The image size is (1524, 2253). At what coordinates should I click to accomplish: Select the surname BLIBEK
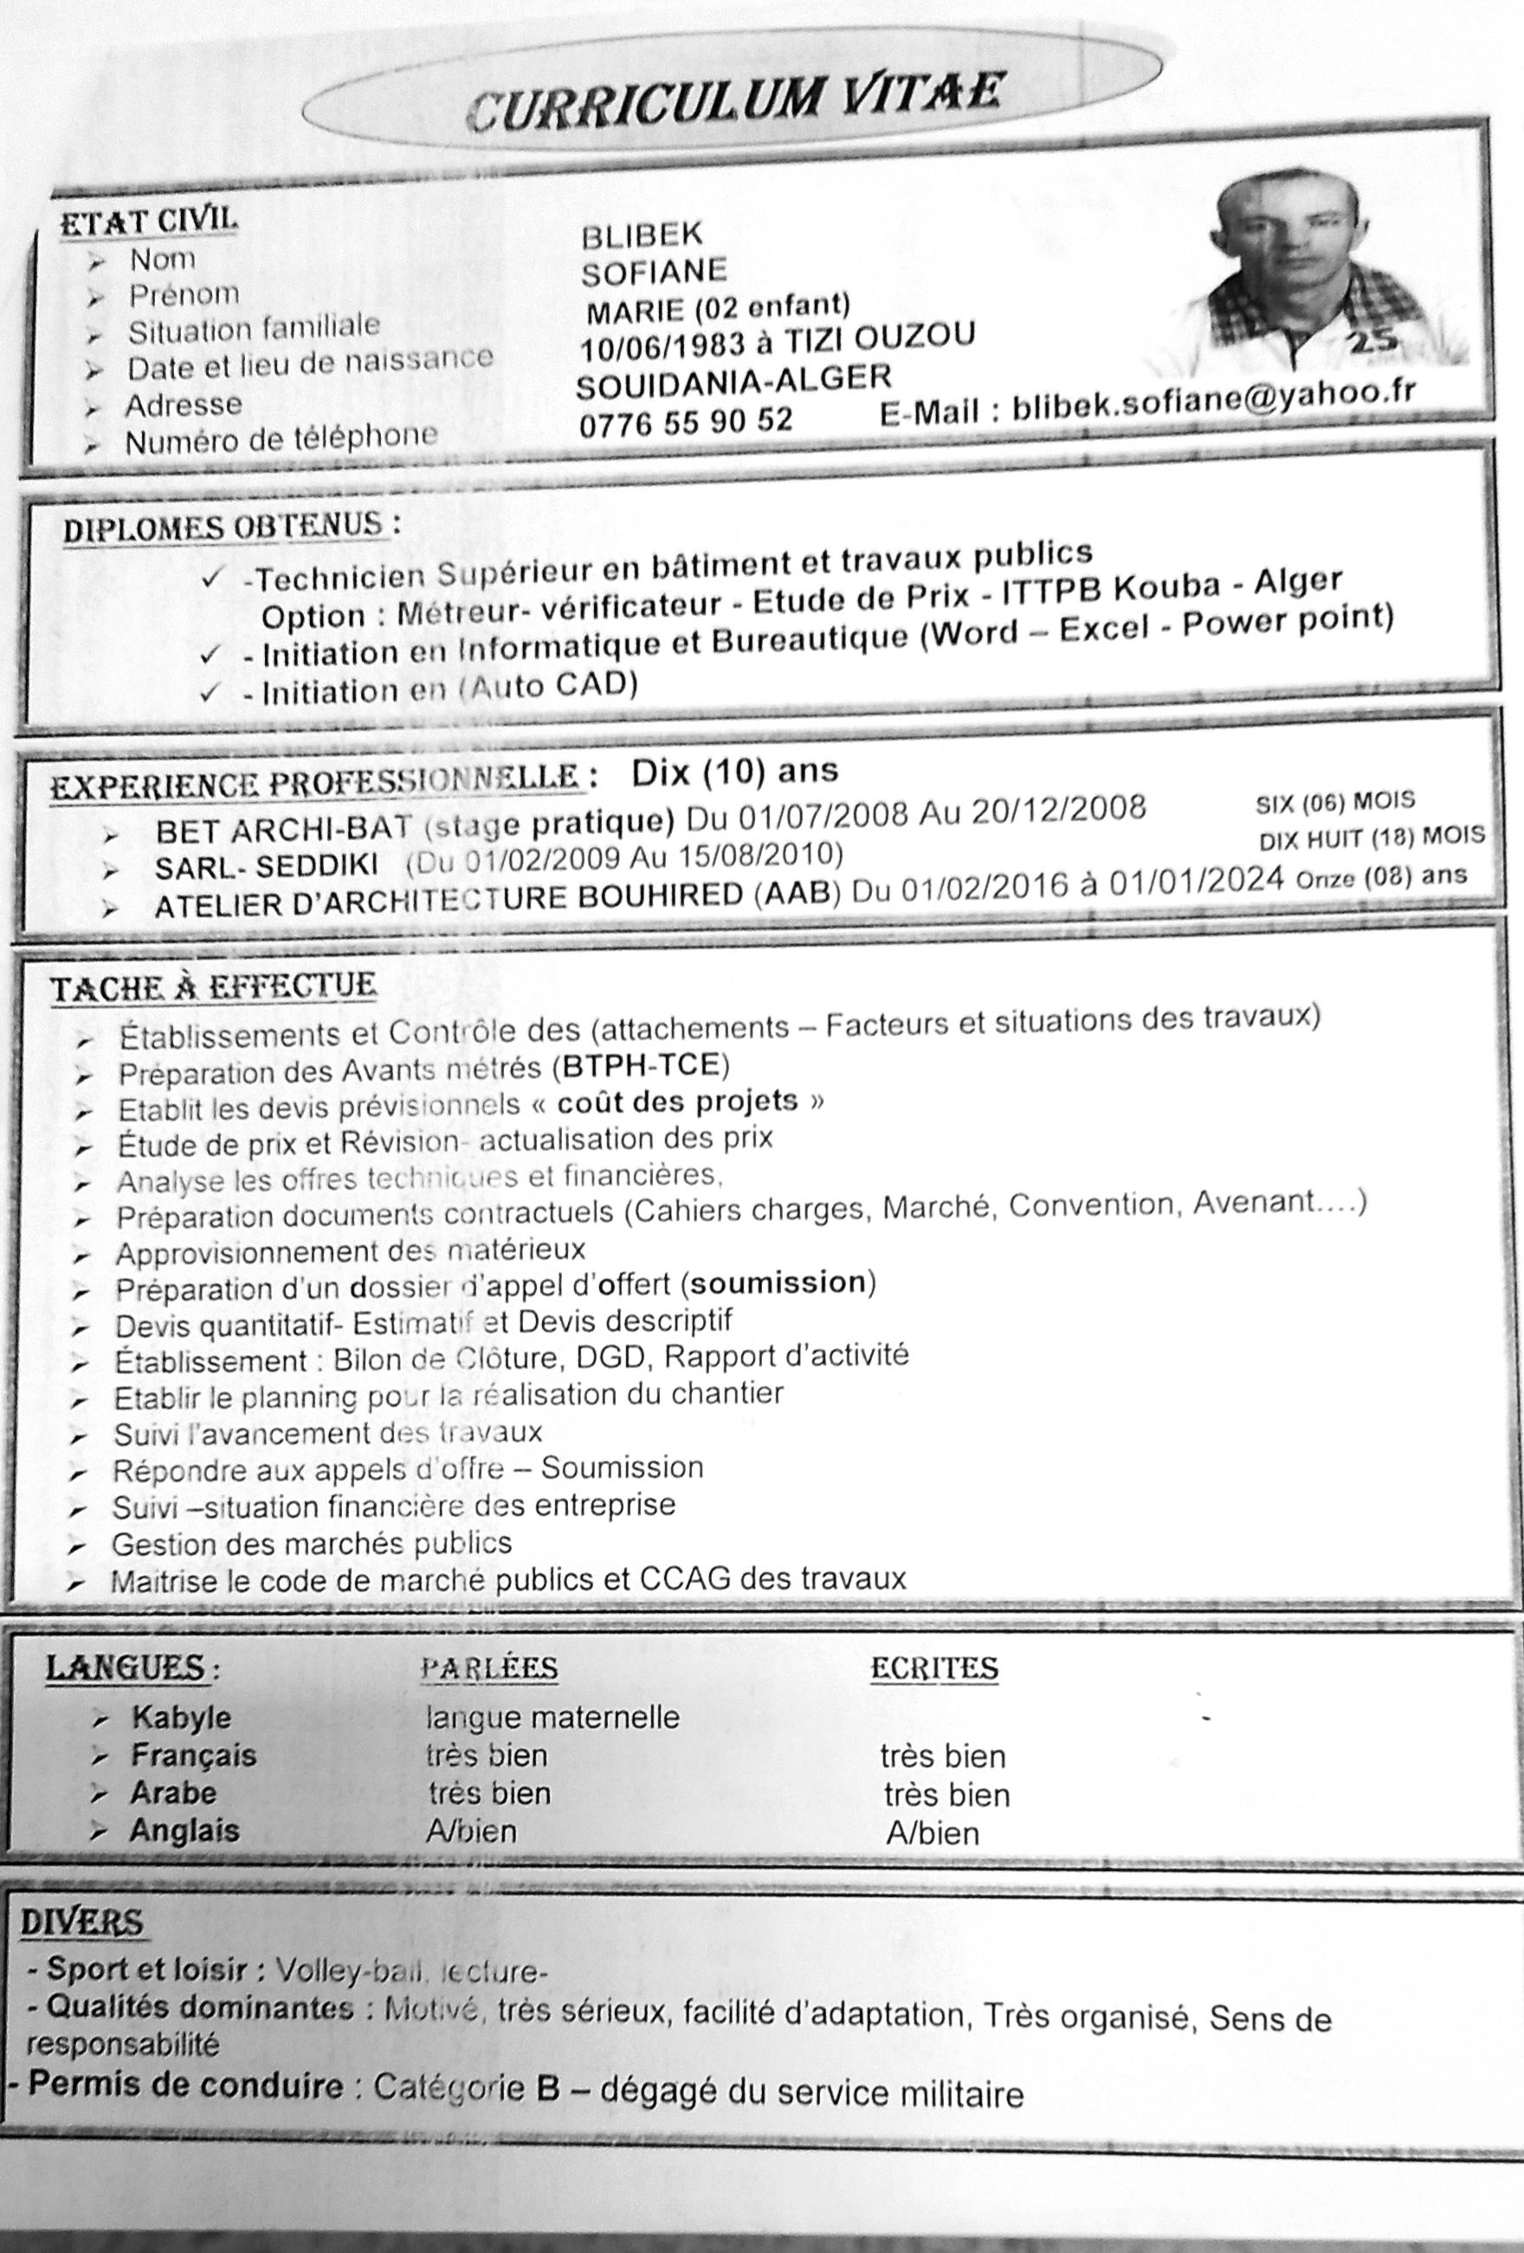point(642,235)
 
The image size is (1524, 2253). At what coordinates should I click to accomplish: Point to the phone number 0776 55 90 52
point(686,421)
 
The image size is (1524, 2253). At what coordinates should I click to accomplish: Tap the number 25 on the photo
point(1369,340)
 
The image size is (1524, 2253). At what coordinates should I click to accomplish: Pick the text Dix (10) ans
point(734,771)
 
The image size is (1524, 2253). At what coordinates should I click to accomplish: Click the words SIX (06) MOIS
point(1334,802)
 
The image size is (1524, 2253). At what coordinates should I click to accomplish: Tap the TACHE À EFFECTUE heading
point(213,987)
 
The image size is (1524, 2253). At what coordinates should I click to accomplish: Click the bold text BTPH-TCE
point(641,1065)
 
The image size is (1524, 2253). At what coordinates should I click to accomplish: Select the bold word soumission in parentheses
point(778,1282)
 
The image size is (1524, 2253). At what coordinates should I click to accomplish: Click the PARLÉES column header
point(488,1668)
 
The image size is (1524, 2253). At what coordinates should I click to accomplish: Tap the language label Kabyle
point(181,1717)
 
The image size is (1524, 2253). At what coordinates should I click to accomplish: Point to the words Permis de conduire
point(185,2084)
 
